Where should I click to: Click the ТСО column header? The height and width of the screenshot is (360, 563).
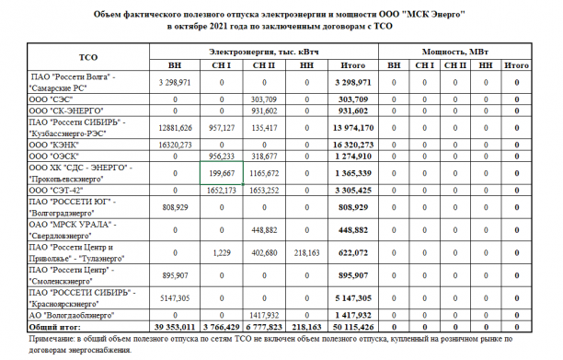[x=89, y=56]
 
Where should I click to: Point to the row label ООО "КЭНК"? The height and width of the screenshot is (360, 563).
[x=54, y=145]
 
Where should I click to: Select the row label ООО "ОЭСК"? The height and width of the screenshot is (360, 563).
[x=54, y=157]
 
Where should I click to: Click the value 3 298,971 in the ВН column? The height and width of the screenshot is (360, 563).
[x=175, y=82]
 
